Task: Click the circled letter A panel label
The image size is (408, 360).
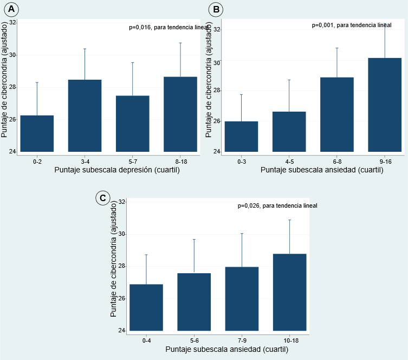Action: pos(11,9)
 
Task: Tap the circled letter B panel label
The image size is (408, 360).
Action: pos(216,9)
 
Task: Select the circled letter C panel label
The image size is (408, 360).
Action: pos(103,198)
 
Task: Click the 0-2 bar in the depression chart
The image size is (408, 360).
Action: pos(37,133)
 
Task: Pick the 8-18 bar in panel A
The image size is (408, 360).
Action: pos(180,114)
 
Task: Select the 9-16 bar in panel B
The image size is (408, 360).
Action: pos(385,105)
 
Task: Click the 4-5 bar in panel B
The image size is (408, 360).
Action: pos(289,132)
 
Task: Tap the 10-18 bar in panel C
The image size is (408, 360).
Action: pos(289,292)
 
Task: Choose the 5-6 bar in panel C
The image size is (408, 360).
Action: pos(194,302)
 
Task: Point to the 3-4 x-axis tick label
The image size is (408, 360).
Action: pos(85,162)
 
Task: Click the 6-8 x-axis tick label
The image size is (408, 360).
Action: pos(337,162)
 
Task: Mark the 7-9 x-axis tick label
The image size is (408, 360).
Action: pos(242,340)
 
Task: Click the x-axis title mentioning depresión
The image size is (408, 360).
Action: pos(117,170)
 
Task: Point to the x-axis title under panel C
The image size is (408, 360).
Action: pos(227,349)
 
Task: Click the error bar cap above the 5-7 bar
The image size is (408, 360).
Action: pos(132,63)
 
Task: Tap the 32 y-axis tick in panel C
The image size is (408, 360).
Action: pos(121,202)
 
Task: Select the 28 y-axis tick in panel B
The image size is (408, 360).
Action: pos(217,91)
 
